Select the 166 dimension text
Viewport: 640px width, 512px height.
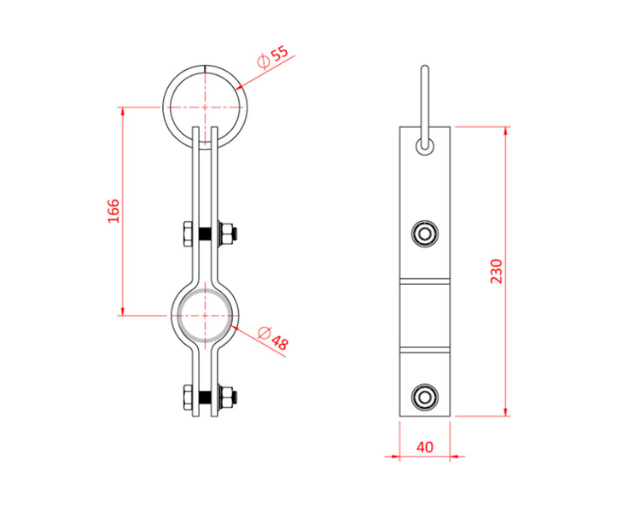113,211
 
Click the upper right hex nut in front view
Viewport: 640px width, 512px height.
228,234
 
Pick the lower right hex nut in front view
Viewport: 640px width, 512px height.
228,398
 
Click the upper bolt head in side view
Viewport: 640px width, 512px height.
424,233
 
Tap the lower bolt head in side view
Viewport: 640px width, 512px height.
424,396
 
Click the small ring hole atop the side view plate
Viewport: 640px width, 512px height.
424,145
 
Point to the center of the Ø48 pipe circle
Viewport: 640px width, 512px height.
206,314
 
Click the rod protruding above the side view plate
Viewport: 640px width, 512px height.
424,94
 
